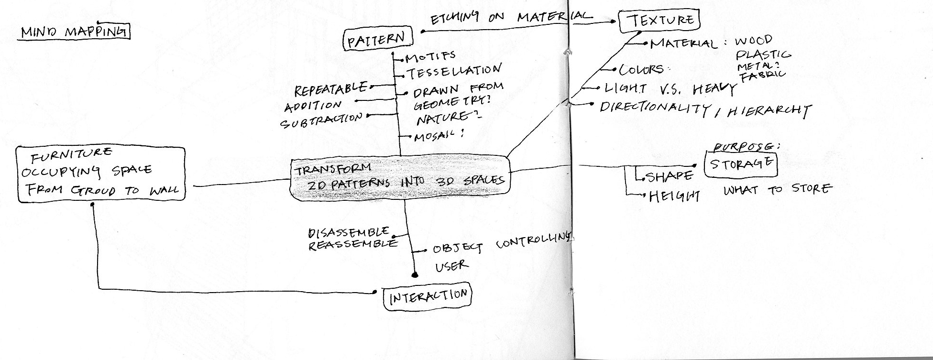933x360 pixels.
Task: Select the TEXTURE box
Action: tap(659, 21)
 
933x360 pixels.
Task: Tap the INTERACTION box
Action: tap(428, 297)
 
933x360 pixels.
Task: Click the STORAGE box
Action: tap(741, 164)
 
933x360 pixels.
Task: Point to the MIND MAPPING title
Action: tap(74, 33)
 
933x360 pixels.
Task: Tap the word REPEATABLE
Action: tap(331, 88)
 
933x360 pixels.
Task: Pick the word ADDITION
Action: tap(313, 105)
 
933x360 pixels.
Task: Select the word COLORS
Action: tap(641, 70)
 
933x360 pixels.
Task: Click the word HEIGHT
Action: tap(674, 196)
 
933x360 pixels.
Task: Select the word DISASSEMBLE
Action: tap(349, 233)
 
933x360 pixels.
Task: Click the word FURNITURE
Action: tap(72, 154)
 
